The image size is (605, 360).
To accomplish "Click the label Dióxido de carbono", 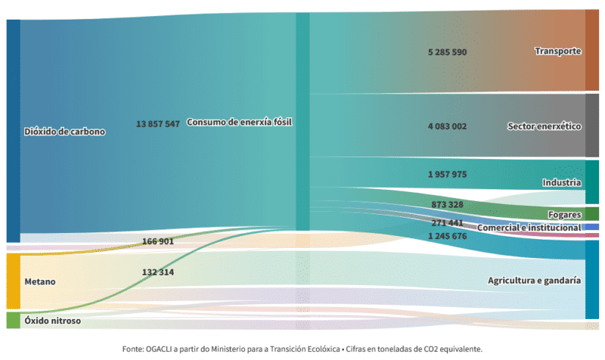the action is pos(65,132).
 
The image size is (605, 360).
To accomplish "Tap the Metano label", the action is pos(40,281).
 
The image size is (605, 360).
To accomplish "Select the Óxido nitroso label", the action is pos(53,321).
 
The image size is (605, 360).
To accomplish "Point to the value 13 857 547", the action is pos(158,124).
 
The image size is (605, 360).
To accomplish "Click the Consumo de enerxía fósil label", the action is pos(239,123).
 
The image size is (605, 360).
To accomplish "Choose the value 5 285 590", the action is pos(447,52).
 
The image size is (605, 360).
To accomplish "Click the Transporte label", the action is pos(558,51).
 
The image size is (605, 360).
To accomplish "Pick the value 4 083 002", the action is pos(447,126).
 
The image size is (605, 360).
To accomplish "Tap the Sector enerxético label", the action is pos(544,126).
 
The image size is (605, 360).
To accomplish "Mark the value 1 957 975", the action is pos(447,175).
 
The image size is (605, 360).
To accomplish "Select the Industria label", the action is pos(562,182).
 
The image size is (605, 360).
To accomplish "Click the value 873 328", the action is pos(447,204).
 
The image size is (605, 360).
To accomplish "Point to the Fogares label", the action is pos(564,215).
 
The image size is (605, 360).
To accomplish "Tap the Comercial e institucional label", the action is pos(529,228).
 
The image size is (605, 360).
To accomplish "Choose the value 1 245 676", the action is pos(447,236).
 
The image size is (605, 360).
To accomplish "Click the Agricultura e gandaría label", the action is pos(535,281).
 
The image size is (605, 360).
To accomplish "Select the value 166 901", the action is pos(158,241).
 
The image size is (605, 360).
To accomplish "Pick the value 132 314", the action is pos(158,272).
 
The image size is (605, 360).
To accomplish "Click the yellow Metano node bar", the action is pos(13,281).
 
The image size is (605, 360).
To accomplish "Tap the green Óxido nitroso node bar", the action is pos(13,321).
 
